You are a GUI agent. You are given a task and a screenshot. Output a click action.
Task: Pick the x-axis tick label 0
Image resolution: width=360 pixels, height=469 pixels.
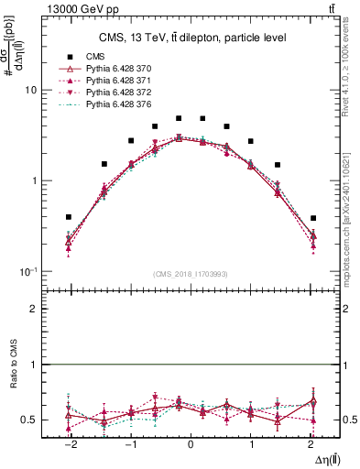click(x=191, y=445)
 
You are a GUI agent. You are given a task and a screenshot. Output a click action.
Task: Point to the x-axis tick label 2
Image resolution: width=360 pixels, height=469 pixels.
click(x=312, y=445)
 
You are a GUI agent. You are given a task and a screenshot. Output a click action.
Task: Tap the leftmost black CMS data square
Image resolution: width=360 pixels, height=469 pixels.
click(x=69, y=217)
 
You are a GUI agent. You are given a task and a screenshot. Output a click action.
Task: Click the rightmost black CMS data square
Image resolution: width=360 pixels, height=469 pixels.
click(x=312, y=218)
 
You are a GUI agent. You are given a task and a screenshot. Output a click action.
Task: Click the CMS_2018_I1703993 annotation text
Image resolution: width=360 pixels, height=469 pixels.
click(x=191, y=274)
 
